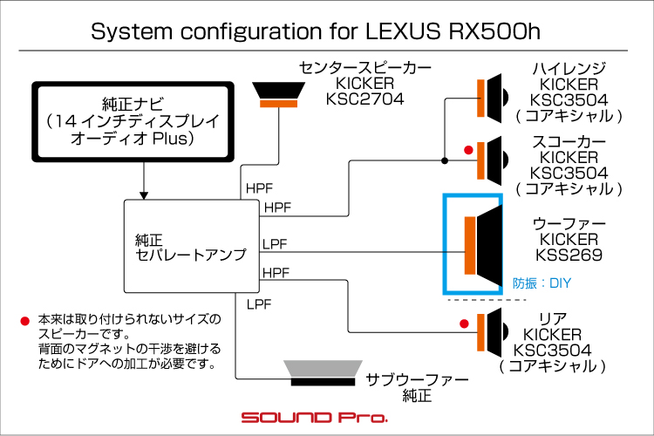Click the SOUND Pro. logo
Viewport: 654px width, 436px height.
pyautogui.click(x=315, y=417)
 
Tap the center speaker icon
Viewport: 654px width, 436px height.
pyautogui.click(x=279, y=95)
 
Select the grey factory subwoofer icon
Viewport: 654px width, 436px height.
pyautogui.click(x=323, y=373)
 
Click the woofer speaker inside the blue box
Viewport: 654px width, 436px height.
pyautogui.click(x=483, y=246)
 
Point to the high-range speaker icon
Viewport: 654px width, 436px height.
pyautogui.click(x=493, y=98)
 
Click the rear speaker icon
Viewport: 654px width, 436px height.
pyautogui.click(x=493, y=332)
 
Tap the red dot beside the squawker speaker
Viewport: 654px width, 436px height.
pyautogui.click(x=468, y=150)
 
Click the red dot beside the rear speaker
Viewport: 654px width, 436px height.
pyautogui.click(x=464, y=324)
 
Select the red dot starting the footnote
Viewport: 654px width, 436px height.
pyautogui.click(x=25, y=321)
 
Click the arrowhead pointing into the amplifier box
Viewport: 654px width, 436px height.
pyautogui.click(x=144, y=195)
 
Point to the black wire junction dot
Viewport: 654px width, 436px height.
pyautogui.click(x=445, y=160)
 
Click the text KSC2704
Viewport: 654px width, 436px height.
pyautogui.click(x=365, y=99)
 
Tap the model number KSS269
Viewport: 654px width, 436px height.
pyautogui.click(x=569, y=255)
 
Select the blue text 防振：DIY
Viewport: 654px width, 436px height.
pyautogui.click(x=542, y=283)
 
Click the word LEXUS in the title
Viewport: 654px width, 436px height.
pyautogui.click(x=403, y=31)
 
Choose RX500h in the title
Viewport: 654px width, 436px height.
pyautogui.click(x=494, y=31)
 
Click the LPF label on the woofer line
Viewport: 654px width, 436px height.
pyautogui.click(x=275, y=244)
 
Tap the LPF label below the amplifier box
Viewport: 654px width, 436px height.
pyautogui.click(x=259, y=304)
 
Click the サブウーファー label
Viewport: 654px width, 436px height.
pyautogui.click(x=417, y=380)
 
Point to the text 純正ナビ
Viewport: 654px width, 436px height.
pyautogui.click(x=133, y=104)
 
